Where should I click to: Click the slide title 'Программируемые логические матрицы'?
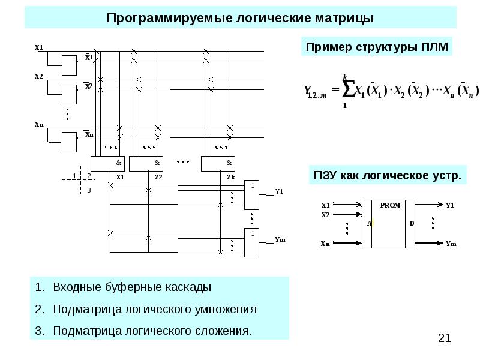240,18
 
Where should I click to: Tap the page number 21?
445,339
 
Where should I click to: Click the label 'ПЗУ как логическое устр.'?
388,176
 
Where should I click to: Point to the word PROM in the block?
389,205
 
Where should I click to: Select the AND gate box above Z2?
146,163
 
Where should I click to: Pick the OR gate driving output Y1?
252,194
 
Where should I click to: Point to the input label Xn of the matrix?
39,125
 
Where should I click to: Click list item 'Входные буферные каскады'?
132,287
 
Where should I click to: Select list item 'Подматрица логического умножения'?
155,310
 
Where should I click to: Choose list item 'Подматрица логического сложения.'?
152,331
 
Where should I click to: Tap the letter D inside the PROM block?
412,223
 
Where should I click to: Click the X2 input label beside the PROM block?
326,215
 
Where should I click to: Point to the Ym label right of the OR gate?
280,240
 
